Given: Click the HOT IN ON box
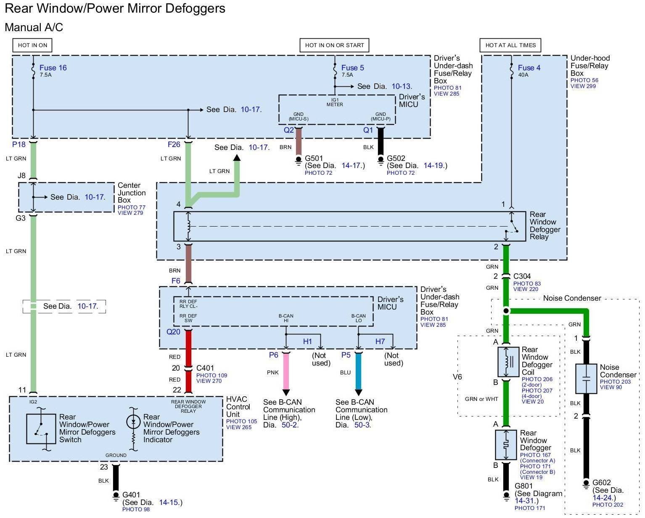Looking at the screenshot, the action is pos(32,45).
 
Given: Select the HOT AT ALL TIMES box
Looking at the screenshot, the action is pos(510,45).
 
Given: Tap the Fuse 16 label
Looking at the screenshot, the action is pos(53,68).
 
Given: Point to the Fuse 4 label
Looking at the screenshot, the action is pos(529,68).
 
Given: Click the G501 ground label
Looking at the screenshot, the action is pos(314,158).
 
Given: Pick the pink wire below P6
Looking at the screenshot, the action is pos(286,371).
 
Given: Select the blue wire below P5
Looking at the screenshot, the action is pos(359,371).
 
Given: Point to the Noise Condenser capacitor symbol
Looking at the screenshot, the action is pos(586,379).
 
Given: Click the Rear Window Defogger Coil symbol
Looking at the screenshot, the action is pos(508,362).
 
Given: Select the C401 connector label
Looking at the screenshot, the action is pos(205,368).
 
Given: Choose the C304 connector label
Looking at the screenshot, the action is pos(522,276).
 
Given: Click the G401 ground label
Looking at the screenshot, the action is pos(131,494).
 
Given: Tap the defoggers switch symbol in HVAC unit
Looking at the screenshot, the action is pos(41,429).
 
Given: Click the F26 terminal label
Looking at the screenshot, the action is pos(174,144).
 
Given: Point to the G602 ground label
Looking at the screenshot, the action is pos(602,483).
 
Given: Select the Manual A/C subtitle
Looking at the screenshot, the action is pos(34,27).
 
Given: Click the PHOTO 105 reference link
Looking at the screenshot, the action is pos(242,422).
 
